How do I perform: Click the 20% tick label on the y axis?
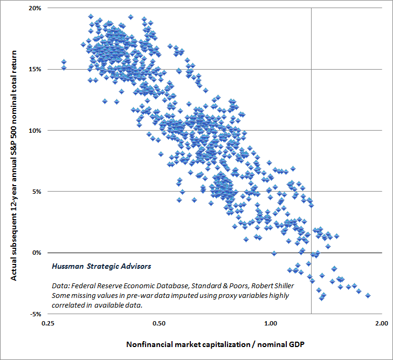(x=35, y=8)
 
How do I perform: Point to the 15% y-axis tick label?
(x=35, y=69)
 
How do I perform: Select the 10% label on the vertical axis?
(x=35, y=131)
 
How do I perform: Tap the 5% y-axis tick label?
(x=36, y=192)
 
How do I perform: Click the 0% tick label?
(x=36, y=253)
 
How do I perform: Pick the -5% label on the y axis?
(x=36, y=314)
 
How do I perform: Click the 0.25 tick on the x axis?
(x=47, y=323)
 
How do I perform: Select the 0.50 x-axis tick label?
(x=159, y=323)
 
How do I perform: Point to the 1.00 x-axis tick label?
(x=271, y=323)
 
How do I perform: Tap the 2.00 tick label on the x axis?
(x=382, y=323)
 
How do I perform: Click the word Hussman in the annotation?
(x=67, y=266)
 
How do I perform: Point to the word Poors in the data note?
(x=239, y=286)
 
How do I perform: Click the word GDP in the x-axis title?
(x=297, y=344)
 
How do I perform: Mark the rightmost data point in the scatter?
(x=368, y=296)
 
